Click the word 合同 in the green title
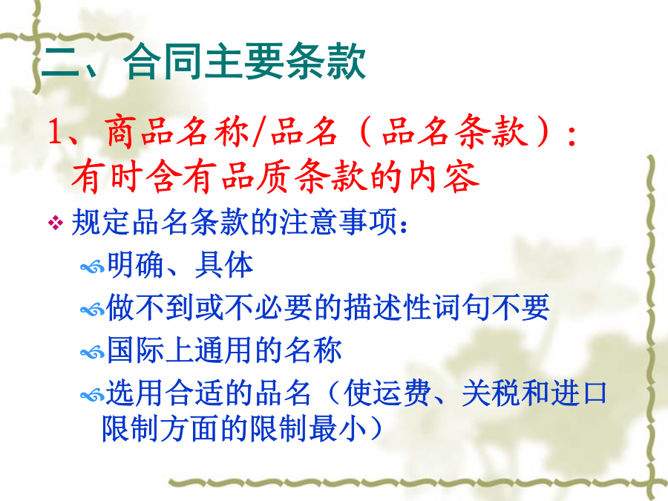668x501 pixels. [x=164, y=62]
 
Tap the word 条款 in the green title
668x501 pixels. [x=326, y=62]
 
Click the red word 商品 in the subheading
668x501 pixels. [x=139, y=131]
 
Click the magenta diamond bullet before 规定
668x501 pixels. [x=56, y=223]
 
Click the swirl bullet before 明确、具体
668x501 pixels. [x=92, y=267]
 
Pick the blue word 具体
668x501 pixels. [x=224, y=264]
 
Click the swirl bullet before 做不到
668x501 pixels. [x=92, y=310]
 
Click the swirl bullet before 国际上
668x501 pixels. [x=92, y=353]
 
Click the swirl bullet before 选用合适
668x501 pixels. [x=92, y=395]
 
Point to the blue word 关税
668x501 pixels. [x=491, y=393]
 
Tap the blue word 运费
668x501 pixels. [x=402, y=393]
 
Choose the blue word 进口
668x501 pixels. [x=578, y=393]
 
